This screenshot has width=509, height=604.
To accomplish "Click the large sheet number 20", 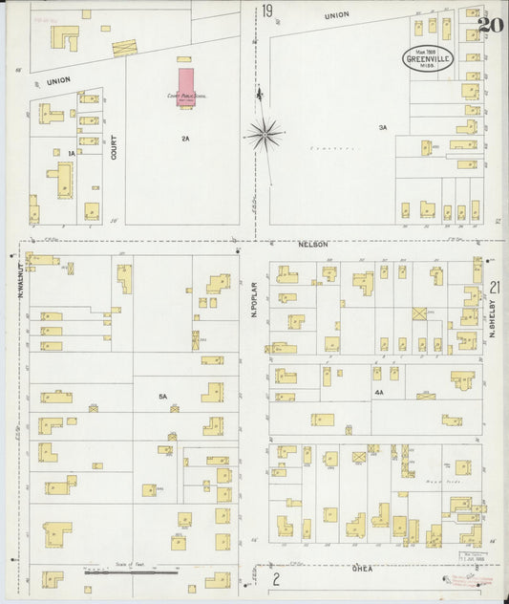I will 491,24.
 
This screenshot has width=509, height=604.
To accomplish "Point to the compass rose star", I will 264,134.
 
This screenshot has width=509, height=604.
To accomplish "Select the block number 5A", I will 162,396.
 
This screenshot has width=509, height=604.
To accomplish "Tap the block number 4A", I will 379,392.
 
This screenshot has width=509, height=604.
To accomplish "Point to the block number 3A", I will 382,127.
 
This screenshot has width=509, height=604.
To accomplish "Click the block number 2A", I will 185,139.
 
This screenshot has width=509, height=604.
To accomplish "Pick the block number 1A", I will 70,152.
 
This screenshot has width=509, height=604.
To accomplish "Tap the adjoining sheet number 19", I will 268,12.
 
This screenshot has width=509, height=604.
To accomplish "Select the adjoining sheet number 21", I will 494,287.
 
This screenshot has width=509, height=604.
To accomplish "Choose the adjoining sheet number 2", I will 276,579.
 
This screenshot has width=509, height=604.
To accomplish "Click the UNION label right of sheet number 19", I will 336,15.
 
